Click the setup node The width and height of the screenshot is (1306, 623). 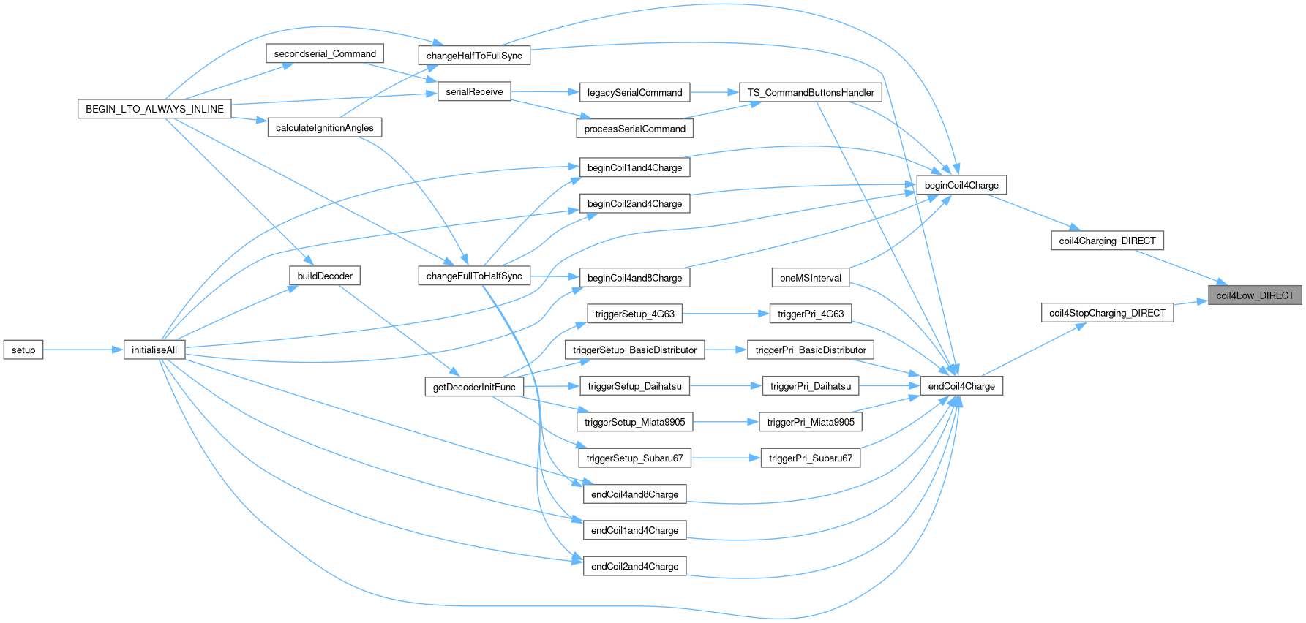pos(23,350)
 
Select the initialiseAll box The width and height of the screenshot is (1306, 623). pos(154,350)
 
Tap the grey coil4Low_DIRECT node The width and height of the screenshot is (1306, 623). pos(1255,295)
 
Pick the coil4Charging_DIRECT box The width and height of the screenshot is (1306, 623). pos(1107,241)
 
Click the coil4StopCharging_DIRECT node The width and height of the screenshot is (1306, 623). pos(1107,313)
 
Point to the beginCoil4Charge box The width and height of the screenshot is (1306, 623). pos(961,185)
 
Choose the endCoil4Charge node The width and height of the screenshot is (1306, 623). pos(961,385)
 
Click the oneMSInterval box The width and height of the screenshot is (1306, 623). pos(811,277)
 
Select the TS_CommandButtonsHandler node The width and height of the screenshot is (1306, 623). pos(811,92)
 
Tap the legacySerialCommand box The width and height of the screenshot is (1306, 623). pos(634,92)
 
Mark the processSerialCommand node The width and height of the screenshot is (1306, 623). pos(634,128)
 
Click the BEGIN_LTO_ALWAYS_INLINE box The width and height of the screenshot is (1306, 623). pos(154,109)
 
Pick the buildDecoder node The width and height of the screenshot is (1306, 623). pos(324,276)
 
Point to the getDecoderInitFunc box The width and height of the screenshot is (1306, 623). pos(474,387)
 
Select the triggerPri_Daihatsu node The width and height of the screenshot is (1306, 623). pos(811,385)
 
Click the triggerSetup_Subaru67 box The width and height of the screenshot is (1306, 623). pos(634,458)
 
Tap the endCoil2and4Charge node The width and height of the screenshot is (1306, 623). pos(634,566)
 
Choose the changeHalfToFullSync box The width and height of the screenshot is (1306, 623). pos(474,56)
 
